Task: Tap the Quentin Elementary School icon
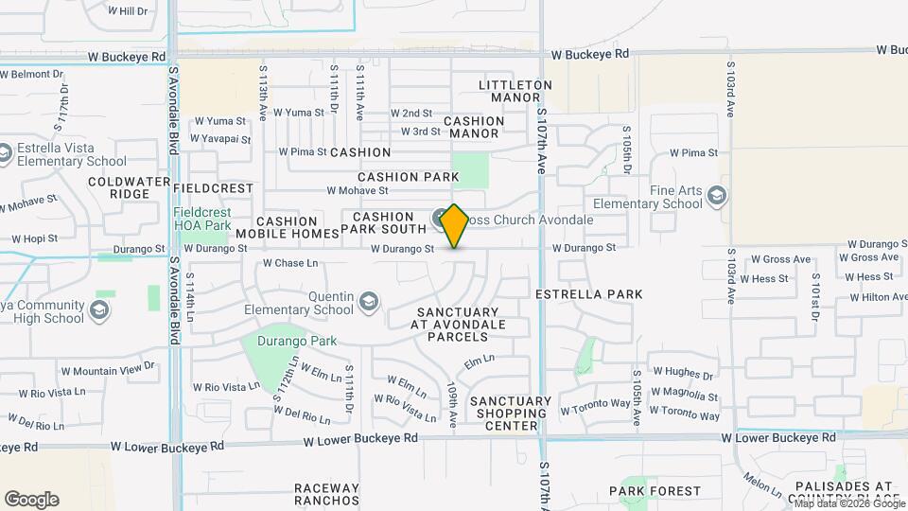[369, 303]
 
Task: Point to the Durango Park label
[299, 341]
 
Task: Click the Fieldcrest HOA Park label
[203, 219]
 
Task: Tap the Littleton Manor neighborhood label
[515, 91]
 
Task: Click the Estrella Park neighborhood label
[588, 294]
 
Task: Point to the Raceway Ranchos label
[326, 494]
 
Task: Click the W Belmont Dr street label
[35, 73]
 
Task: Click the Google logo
[31, 500]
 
